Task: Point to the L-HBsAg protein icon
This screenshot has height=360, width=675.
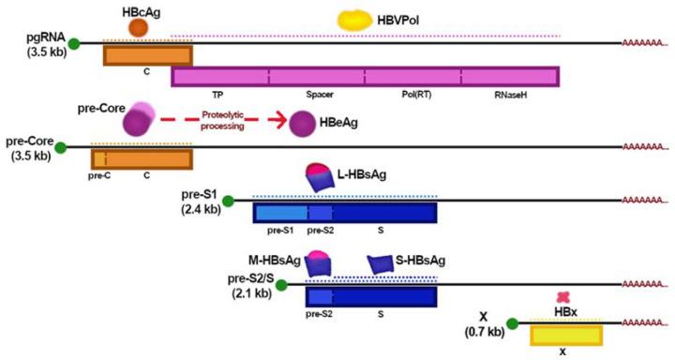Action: (x=322, y=177)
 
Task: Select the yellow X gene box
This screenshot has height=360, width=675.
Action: (x=565, y=335)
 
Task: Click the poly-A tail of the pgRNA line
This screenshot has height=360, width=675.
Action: (x=645, y=43)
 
